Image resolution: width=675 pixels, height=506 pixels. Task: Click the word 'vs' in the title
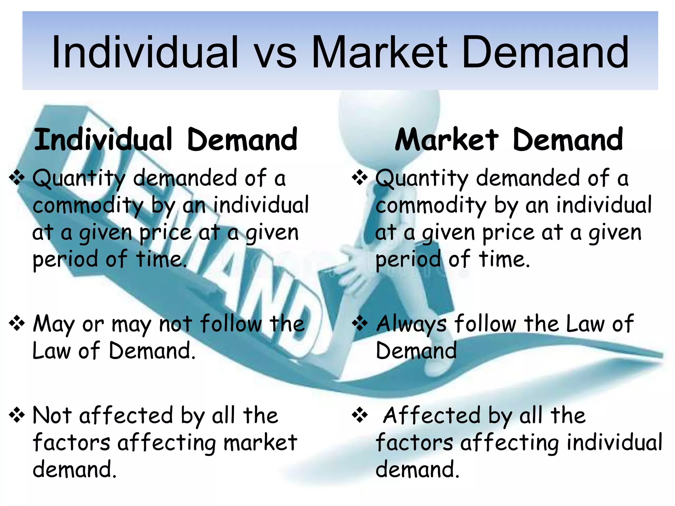point(276,53)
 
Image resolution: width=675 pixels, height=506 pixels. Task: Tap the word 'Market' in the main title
point(379,53)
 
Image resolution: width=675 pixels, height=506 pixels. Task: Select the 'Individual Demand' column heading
point(166,140)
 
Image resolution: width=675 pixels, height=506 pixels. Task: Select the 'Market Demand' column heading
point(509,140)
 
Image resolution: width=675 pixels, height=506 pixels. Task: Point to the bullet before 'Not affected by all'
point(17,415)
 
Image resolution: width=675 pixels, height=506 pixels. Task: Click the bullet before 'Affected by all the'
point(360,415)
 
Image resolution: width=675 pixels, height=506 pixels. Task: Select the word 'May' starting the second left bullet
point(54,324)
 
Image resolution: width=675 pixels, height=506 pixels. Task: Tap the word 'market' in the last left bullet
point(260,443)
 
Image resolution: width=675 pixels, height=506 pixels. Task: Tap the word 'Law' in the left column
point(51,351)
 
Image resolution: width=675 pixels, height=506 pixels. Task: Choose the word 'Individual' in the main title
point(145,53)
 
